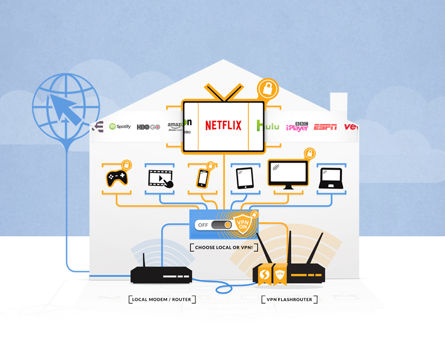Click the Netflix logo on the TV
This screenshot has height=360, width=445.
coord(223,125)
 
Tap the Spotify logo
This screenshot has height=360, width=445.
coord(120,126)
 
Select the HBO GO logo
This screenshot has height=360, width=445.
coord(148,127)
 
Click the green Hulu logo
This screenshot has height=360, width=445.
coord(268,126)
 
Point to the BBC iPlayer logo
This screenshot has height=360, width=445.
coord(297,127)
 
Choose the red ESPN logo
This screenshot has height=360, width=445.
coord(325,127)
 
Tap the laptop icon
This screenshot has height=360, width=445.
coord(331,179)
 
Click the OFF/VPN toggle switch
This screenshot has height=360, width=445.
coord(221,225)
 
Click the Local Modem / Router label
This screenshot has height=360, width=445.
coord(162,300)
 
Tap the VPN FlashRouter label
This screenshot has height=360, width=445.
coord(290,300)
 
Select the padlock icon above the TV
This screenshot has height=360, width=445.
coord(267,89)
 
